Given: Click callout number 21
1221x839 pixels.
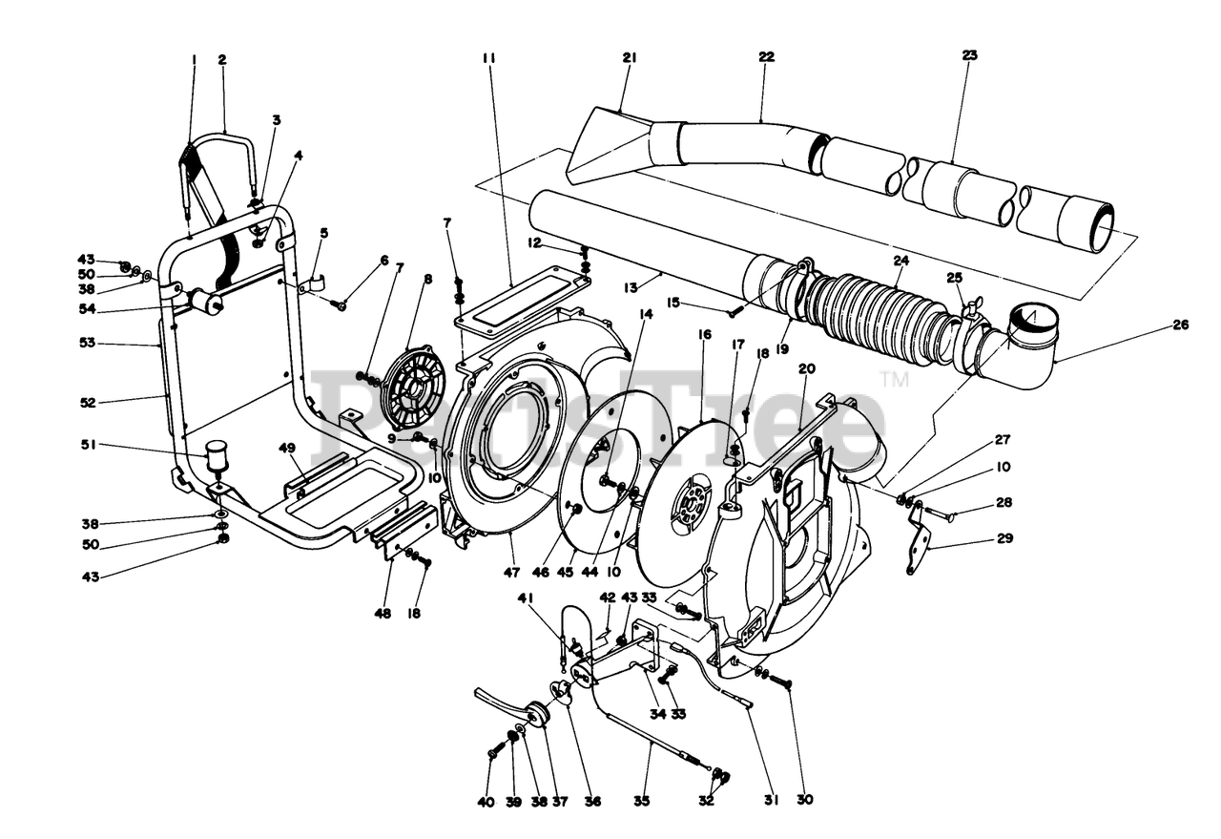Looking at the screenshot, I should (x=629, y=57).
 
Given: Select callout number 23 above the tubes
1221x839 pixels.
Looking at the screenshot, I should (x=969, y=55).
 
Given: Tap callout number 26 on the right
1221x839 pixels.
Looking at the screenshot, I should (x=1180, y=325).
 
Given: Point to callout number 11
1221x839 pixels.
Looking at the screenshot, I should (x=489, y=57).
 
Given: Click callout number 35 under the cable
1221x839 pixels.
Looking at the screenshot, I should (x=642, y=802).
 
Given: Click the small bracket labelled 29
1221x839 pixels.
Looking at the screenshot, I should (x=920, y=538).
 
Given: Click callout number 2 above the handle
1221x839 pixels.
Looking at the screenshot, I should (x=222, y=59).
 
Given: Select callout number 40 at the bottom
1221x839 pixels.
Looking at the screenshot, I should (x=486, y=802).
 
